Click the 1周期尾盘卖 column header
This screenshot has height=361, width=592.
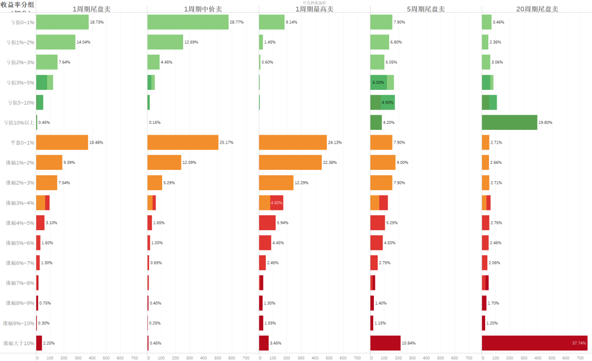[91, 9]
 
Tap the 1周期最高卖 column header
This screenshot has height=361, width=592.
[314, 9]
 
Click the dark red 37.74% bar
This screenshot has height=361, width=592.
[534, 343]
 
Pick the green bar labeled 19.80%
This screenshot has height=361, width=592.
[509, 122]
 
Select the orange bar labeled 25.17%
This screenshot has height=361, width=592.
[183, 142]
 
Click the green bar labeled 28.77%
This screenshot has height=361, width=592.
[188, 22]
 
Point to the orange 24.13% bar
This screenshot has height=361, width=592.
[293, 142]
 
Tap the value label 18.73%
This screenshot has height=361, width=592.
[97, 22]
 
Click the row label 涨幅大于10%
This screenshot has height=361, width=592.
[19, 343]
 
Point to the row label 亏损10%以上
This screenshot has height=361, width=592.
[19, 123]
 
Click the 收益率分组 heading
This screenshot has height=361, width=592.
[18, 4]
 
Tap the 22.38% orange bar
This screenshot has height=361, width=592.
[291, 162]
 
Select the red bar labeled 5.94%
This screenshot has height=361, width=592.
[267, 222]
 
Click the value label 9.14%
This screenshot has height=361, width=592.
[293, 22]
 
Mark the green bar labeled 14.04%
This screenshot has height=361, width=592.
[55, 42]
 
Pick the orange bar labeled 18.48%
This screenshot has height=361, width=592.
[62, 142]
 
